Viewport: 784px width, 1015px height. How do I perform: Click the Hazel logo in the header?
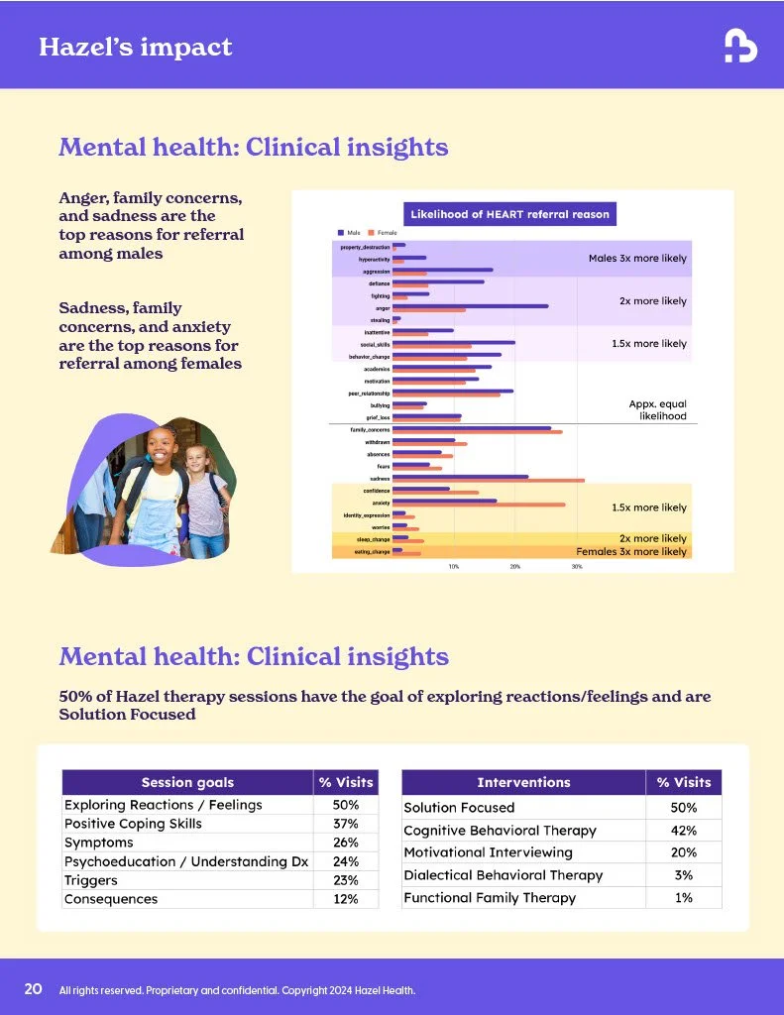click(x=740, y=46)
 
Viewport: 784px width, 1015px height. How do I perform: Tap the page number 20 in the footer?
click(x=33, y=989)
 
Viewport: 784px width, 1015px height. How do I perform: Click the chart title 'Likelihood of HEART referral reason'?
click(x=509, y=214)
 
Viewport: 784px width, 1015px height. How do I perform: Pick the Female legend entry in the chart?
click(x=383, y=232)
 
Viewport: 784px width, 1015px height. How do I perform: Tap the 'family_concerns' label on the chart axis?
click(x=370, y=429)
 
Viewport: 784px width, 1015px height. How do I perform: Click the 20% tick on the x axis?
click(x=515, y=566)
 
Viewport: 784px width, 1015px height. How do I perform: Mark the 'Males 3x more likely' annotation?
click(x=637, y=259)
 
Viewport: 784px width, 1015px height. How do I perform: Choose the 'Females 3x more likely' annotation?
click(x=631, y=551)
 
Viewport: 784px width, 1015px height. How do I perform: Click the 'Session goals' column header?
click(x=187, y=782)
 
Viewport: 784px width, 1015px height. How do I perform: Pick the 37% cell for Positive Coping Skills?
click(x=346, y=824)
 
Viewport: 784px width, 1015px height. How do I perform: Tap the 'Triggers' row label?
click(x=90, y=880)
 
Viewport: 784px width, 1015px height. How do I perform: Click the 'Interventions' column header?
click(x=523, y=782)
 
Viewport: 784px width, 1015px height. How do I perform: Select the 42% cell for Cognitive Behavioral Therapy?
click(x=684, y=831)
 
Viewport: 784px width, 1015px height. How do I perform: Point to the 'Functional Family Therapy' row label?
click(x=490, y=898)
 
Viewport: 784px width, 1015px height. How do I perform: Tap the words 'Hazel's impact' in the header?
click(x=135, y=47)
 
